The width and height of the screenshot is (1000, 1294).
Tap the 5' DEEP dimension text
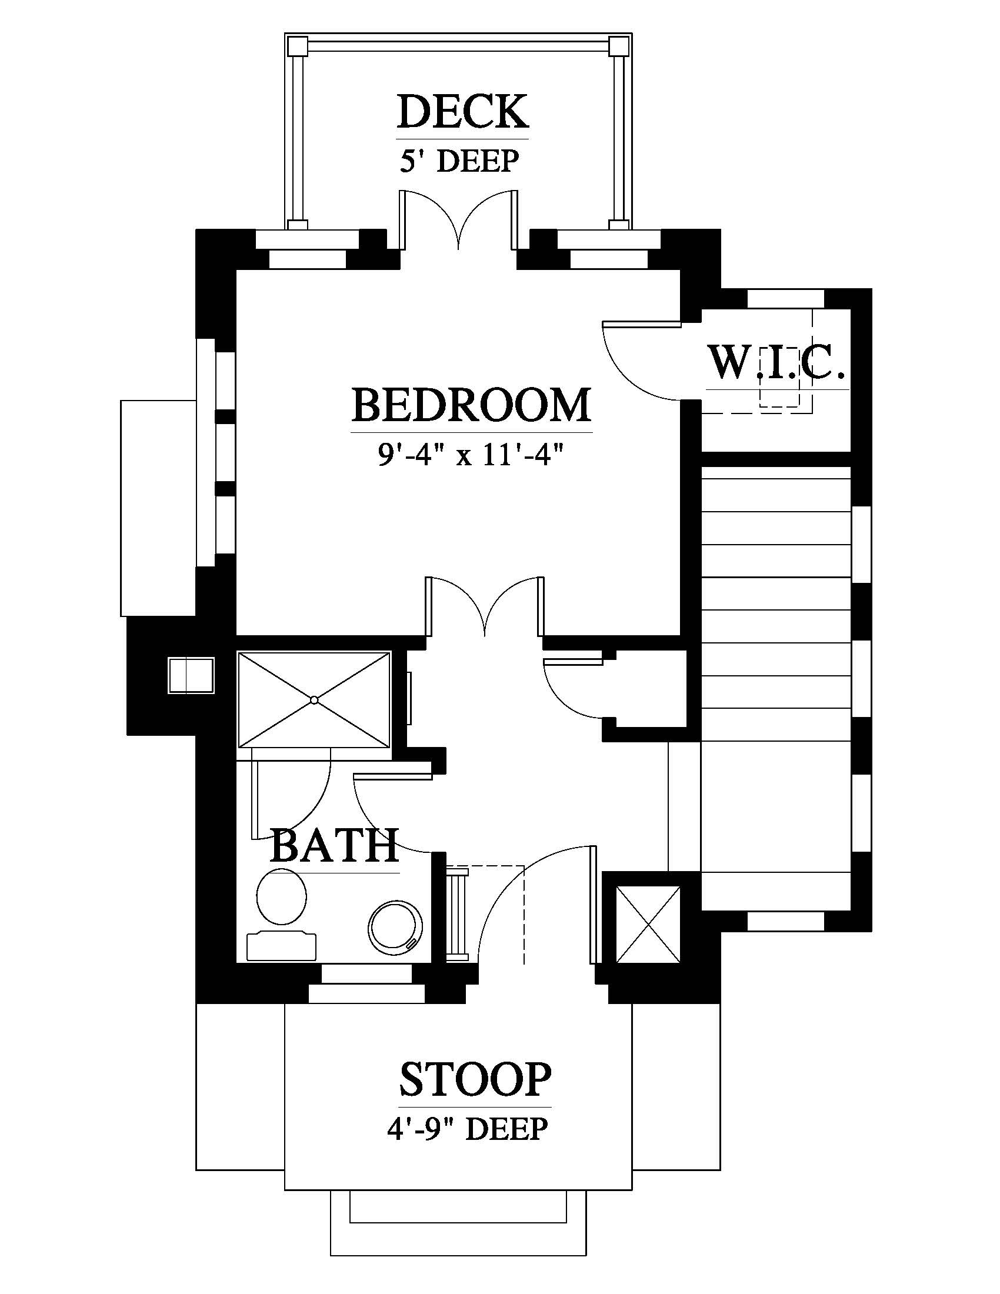[460, 161]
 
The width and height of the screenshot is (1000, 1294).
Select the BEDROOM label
[472, 405]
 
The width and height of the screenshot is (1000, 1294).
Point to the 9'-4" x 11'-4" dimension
[470, 456]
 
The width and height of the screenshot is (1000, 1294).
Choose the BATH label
[334, 845]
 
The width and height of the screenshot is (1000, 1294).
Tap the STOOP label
[475, 1079]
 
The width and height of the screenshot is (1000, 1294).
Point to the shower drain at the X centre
[314, 700]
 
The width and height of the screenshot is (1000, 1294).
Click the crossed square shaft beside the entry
[649, 924]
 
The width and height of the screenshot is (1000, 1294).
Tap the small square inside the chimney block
[191, 675]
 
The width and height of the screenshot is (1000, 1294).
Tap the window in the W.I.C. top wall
[785, 298]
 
